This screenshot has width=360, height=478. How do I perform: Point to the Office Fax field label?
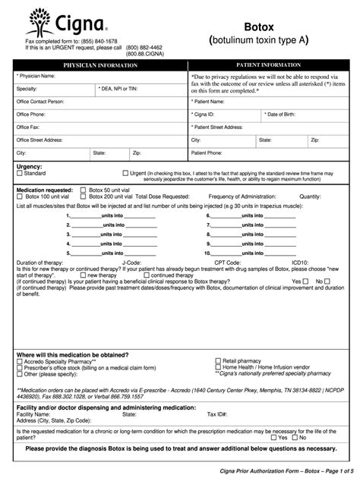click(x=30, y=127)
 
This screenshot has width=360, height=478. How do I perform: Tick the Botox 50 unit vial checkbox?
click(x=84, y=189)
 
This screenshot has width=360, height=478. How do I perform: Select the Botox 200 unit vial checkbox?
click(x=84, y=196)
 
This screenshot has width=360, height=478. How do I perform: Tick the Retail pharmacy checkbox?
click(x=219, y=361)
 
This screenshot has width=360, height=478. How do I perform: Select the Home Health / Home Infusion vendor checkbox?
click(x=219, y=368)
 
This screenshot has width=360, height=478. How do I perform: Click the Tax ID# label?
click(x=217, y=414)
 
